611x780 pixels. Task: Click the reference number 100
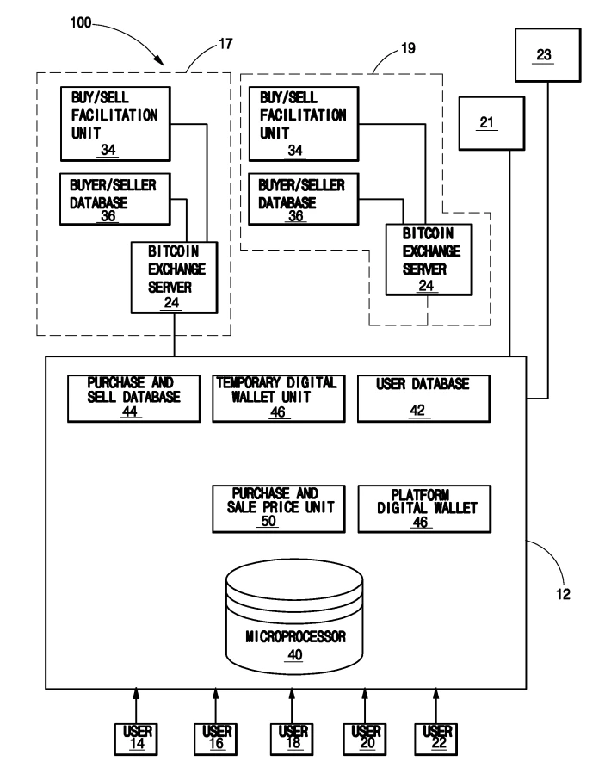pyautogui.click(x=81, y=23)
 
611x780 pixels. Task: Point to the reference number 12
pyautogui.click(x=563, y=594)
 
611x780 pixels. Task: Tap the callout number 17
pyautogui.click(x=225, y=44)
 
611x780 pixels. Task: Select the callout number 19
pyautogui.click(x=408, y=48)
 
